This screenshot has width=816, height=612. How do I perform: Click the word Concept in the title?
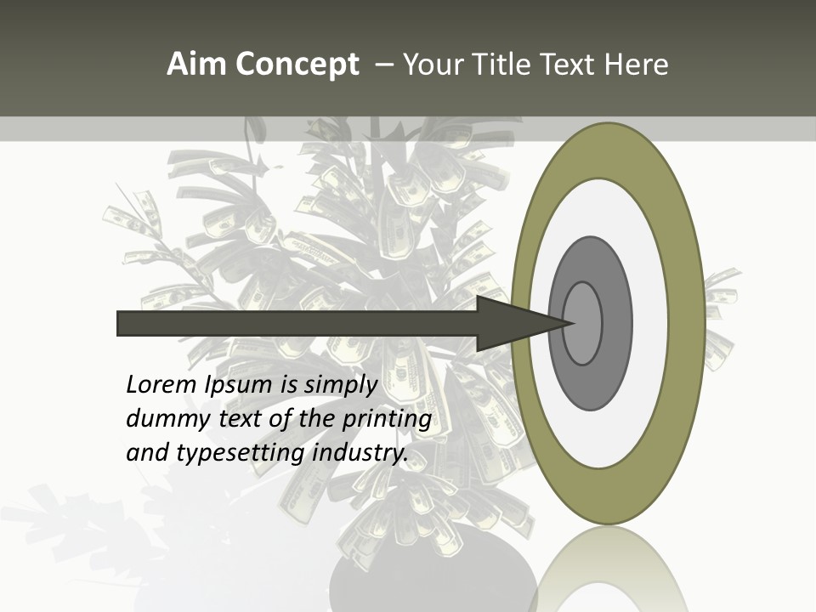297,65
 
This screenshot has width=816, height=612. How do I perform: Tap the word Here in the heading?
637,65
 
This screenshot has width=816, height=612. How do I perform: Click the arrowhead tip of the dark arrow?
571,323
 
